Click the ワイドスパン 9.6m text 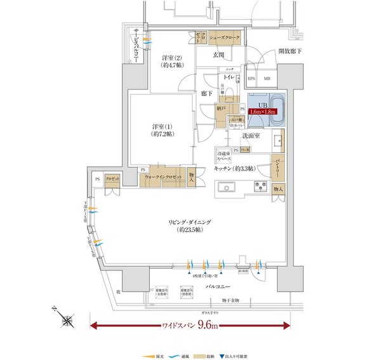190,326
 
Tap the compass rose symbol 67,321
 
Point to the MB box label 266,79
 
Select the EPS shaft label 251,79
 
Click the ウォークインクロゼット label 164,177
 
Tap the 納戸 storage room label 222,109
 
